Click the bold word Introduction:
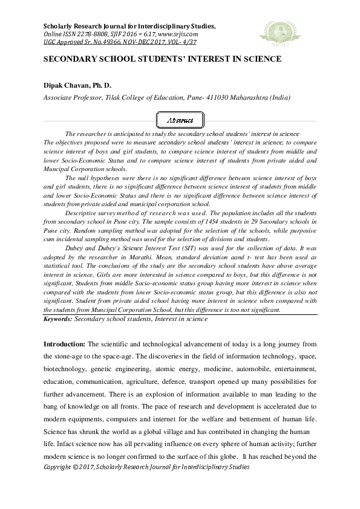[x=65, y=343]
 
